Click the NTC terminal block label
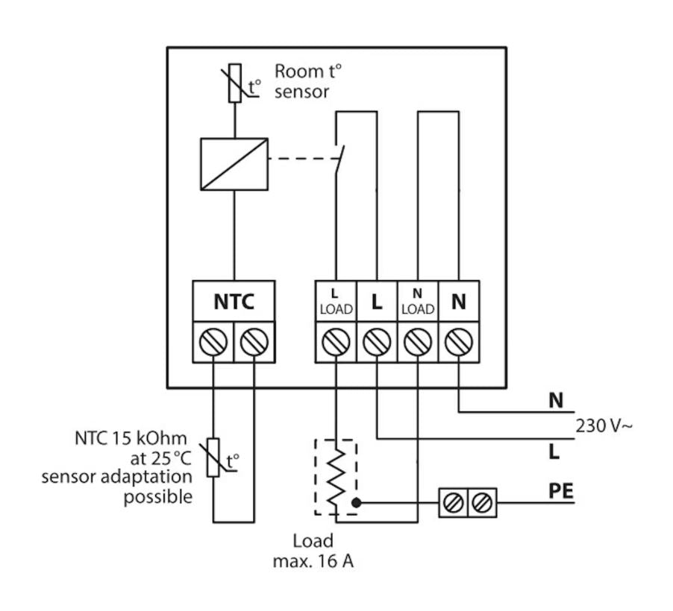click(234, 302)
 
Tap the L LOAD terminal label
click(336, 303)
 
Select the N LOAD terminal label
click(418, 303)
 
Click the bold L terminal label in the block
click(376, 302)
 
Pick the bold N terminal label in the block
click(458, 302)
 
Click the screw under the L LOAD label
click(336, 342)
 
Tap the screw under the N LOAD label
click(418, 342)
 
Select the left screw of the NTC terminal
click(213, 342)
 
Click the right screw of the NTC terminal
click(254, 342)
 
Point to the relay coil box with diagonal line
click(234, 164)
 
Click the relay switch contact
click(339, 159)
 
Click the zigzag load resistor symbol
click(336, 477)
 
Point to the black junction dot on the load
click(356, 502)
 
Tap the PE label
click(561, 491)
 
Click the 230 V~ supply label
click(604, 425)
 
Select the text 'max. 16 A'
click(313, 561)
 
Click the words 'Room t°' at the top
click(308, 72)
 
